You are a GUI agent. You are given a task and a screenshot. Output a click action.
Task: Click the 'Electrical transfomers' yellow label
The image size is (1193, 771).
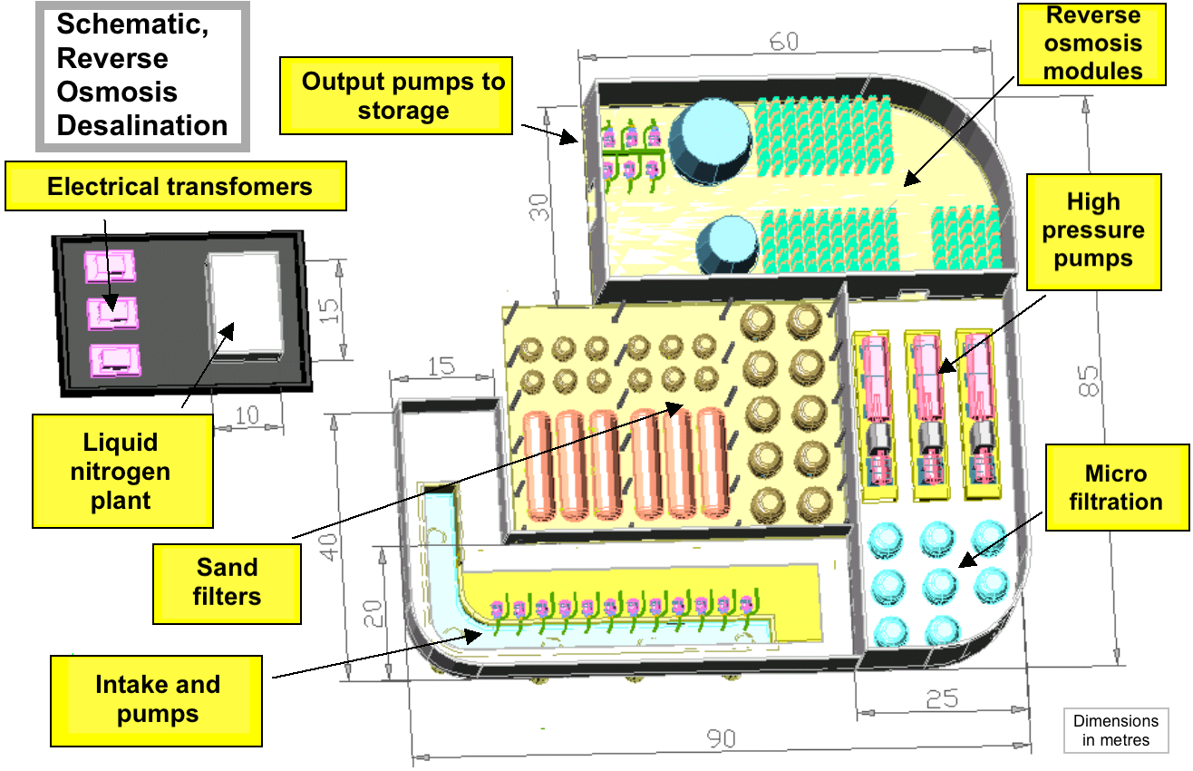point(176,186)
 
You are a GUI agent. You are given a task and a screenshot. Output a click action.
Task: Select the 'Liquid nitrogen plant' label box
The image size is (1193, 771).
point(122,472)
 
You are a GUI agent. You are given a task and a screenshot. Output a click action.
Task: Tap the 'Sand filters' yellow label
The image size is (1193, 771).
point(227,583)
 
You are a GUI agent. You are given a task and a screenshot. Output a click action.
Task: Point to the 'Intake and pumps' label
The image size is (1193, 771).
point(157,700)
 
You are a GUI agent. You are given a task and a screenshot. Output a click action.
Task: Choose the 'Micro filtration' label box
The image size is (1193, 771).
point(1117,487)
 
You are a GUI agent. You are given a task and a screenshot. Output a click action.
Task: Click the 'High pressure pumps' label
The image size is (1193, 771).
point(1094,232)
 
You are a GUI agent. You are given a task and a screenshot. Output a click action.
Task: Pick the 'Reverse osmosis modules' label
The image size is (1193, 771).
point(1091,44)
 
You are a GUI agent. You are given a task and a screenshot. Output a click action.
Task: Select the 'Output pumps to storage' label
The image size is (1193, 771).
point(396,95)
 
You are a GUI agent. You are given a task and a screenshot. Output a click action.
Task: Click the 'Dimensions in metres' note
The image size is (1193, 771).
point(1116,730)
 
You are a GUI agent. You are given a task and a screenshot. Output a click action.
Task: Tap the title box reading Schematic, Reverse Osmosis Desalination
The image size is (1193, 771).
point(142,76)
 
